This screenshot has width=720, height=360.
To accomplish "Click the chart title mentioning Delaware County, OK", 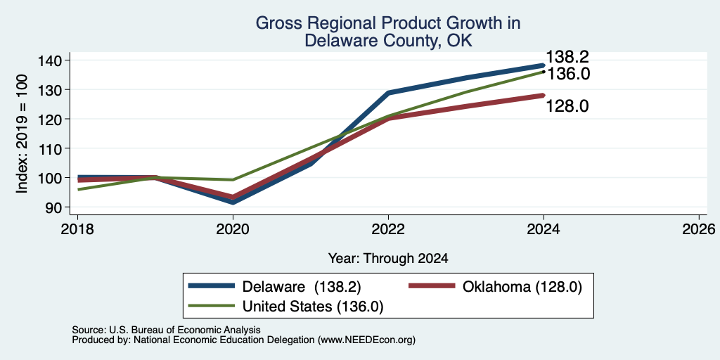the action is point(387,32).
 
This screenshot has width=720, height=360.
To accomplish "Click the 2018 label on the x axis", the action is point(77,229).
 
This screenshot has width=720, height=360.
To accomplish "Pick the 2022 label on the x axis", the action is point(388,229).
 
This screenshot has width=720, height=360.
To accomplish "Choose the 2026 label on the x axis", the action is point(700,229).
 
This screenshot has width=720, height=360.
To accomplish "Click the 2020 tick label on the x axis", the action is point(233,229).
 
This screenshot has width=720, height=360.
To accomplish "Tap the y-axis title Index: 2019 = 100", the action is point(22,134).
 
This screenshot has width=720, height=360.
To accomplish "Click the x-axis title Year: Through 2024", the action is point(388,259).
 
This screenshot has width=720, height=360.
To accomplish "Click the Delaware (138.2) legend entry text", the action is point(302,287).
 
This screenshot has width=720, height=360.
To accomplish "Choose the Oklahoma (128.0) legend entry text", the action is point(522,287).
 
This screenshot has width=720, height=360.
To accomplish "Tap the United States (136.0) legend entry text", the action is point(312,307).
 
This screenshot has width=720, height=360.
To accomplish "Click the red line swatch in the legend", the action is point(432,286).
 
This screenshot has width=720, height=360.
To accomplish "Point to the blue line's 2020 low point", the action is point(233,202).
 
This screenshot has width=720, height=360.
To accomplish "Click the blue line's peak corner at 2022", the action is point(388,93).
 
